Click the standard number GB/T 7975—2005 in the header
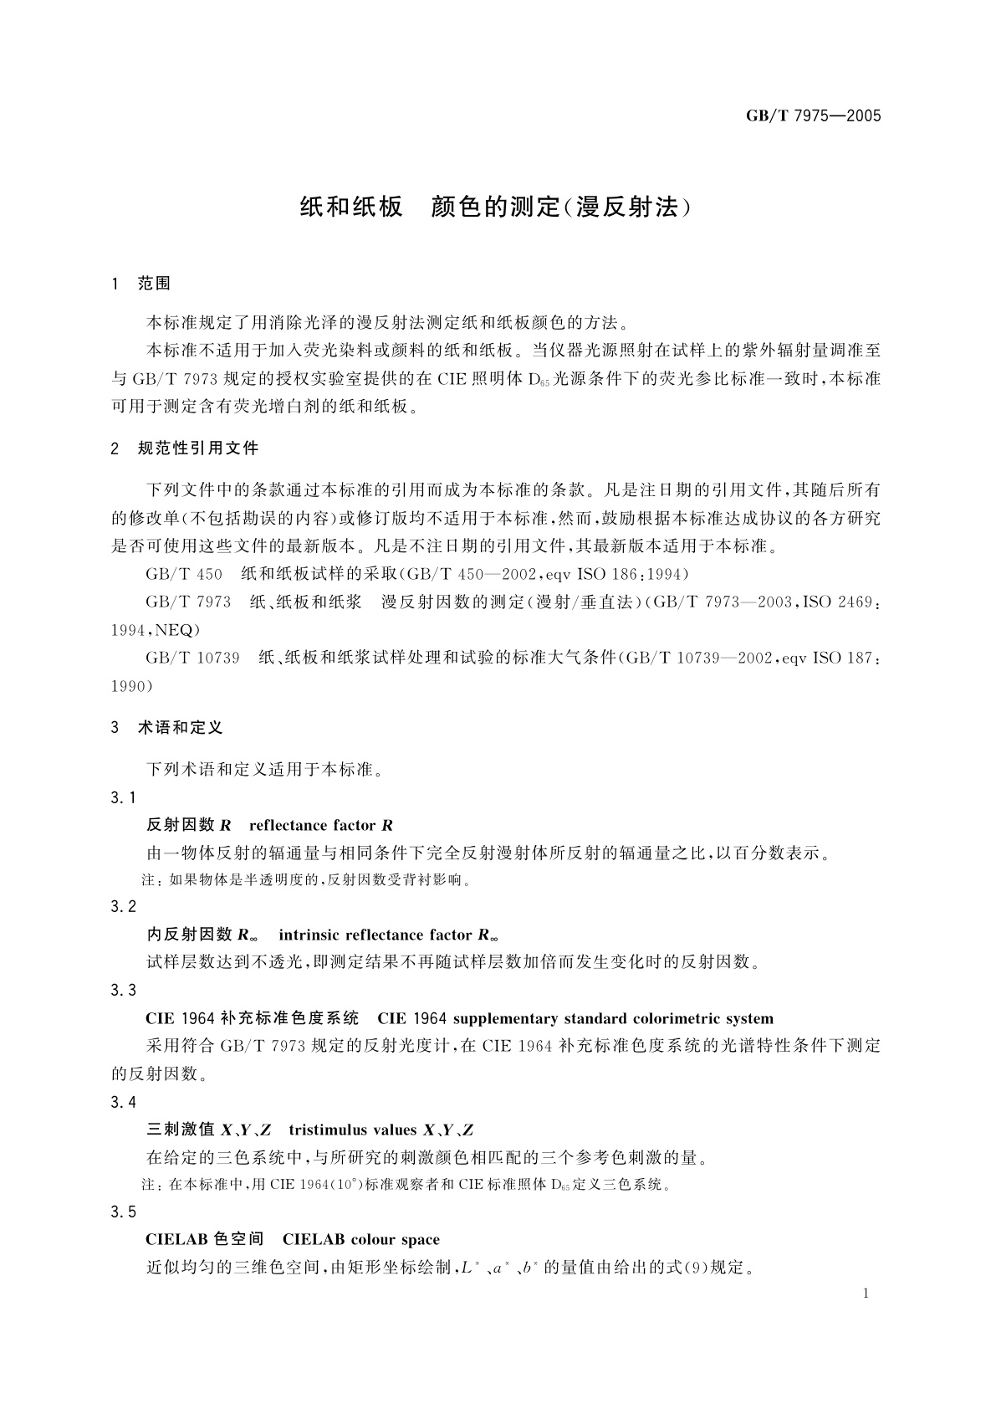coord(814,116)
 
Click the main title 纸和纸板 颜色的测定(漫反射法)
coord(498,208)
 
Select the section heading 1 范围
coord(140,284)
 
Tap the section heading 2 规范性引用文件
coord(185,448)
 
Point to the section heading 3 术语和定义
coord(167,728)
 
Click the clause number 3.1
coord(123,797)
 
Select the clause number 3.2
coord(123,907)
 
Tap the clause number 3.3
coord(123,991)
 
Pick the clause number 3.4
coord(123,1102)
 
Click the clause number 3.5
coord(123,1212)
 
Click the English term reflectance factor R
coord(321,826)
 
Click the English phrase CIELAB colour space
coord(361,1240)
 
